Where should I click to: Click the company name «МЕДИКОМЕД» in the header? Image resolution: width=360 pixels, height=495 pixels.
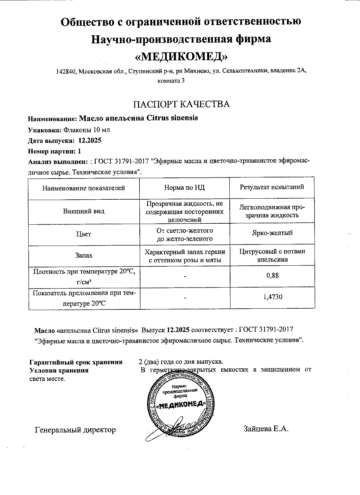coord(181,56)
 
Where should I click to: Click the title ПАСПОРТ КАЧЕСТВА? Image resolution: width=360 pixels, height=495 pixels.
coord(181,104)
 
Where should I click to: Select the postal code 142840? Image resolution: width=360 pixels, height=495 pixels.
coord(66,72)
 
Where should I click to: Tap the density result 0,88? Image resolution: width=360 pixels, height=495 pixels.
coord(272,275)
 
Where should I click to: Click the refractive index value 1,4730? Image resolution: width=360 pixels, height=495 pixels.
coord(272,297)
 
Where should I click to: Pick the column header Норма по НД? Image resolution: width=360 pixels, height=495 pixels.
coord(184,188)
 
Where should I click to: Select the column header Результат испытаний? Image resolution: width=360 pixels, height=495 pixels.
coord(272,187)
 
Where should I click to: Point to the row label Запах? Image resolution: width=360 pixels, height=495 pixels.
coord(84,255)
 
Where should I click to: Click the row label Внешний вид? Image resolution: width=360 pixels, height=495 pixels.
coord(84,211)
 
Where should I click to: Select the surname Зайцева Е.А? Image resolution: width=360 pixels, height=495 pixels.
coord(266,429)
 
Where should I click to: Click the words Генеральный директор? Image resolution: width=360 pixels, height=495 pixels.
coord(75,430)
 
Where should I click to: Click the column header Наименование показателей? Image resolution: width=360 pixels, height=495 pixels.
coord(84,188)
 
